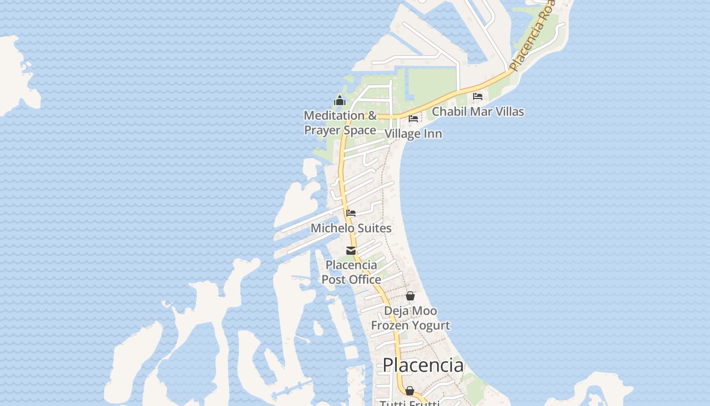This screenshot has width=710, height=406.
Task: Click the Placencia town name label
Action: (423, 365)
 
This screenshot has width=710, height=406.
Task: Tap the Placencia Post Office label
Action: (351, 272)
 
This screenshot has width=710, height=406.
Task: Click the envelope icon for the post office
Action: (351, 251)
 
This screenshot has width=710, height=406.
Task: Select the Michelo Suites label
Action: (351, 228)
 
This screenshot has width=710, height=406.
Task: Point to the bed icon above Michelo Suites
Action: (351, 213)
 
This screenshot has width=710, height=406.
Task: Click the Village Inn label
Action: (413, 133)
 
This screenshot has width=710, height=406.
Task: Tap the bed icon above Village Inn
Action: (413, 119)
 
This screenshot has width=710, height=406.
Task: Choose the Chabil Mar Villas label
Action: (478, 111)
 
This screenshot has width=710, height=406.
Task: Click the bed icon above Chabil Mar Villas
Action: (478, 96)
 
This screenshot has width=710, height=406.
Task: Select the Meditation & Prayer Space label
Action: (340, 123)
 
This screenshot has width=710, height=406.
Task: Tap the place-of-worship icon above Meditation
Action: (340, 100)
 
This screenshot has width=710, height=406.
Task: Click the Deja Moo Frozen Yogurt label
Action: (410, 318)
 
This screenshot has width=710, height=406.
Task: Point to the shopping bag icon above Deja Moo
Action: (410, 296)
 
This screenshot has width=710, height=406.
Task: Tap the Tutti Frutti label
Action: (409, 403)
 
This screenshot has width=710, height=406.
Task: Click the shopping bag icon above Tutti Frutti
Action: (410, 391)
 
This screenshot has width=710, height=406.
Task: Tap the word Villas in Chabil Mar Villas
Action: (506, 111)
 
